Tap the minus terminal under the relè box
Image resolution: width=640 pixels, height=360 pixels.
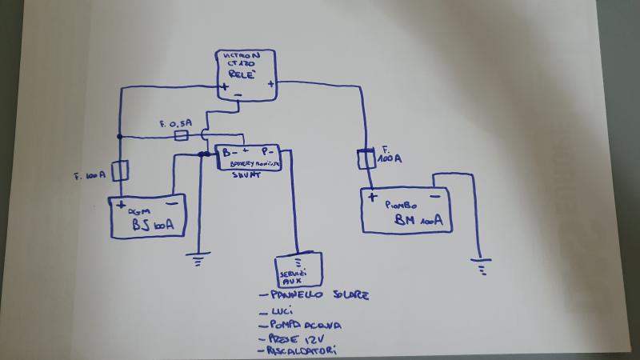click(238, 97)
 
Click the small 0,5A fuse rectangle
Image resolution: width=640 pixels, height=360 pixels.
click(181, 137)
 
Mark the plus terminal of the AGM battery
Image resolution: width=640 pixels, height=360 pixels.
click(121, 206)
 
